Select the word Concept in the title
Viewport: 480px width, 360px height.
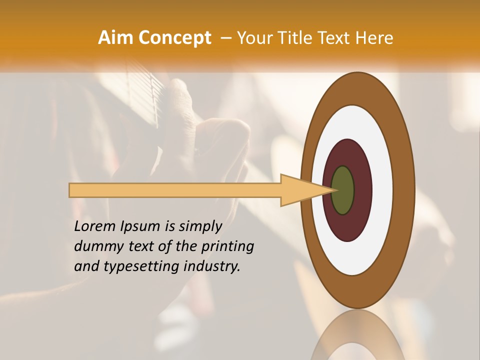coord(175,38)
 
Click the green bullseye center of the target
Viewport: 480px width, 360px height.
coord(342,190)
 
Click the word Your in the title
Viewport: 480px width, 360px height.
coord(253,38)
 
